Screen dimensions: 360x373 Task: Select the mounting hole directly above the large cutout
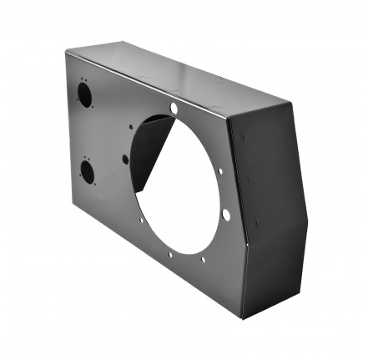pos(174,109)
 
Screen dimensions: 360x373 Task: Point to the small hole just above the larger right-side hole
pos(220,171)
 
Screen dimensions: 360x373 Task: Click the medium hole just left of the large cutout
pos(125,158)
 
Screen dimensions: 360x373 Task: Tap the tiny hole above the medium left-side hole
pos(130,126)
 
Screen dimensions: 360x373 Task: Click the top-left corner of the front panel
pos(67,50)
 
